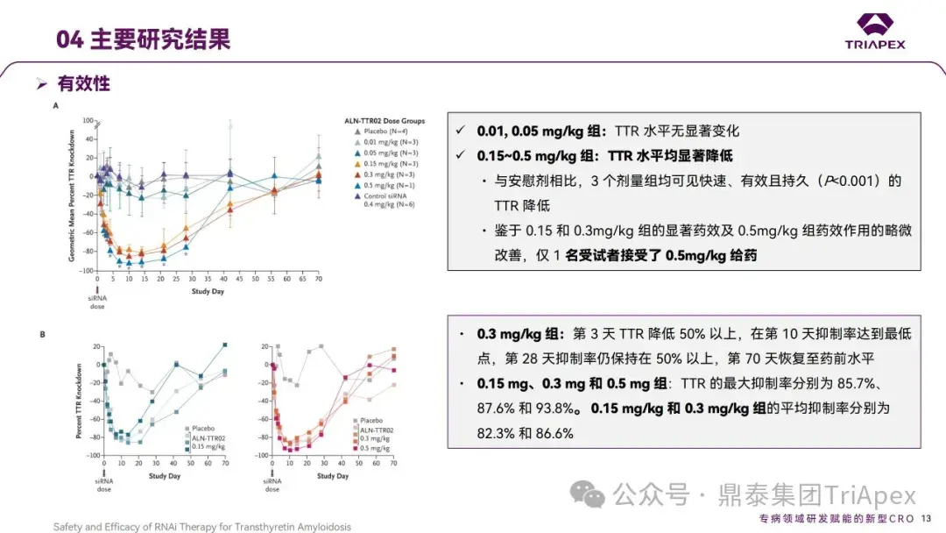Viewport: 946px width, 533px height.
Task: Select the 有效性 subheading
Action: [x=83, y=84]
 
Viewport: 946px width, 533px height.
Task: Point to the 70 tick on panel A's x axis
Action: [x=319, y=278]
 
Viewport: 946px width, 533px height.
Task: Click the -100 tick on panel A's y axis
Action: [x=87, y=271]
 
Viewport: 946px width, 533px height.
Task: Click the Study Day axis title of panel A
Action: [x=208, y=291]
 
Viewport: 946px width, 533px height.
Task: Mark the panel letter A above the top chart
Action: [x=56, y=104]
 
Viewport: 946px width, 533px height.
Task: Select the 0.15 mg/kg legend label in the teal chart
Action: [x=209, y=447]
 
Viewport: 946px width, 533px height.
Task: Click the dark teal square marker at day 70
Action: [x=224, y=345]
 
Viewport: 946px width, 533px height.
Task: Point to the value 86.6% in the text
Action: [x=547, y=434]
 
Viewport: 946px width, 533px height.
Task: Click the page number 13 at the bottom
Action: [x=927, y=519]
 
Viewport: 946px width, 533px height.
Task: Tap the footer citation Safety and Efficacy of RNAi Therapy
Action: [x=201, y=527]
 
